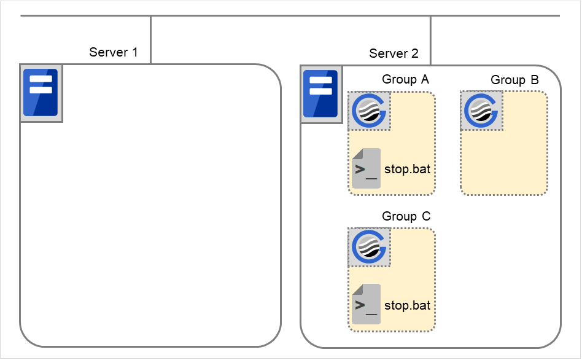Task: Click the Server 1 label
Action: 114,52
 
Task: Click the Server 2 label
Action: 394,53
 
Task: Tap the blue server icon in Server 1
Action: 41,93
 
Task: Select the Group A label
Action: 406,79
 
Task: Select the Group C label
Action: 406,216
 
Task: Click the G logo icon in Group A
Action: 369,111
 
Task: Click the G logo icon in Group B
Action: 481,111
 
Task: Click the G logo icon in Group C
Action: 369,248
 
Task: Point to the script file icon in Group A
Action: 365,168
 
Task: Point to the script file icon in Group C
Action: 365,304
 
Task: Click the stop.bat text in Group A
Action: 407,169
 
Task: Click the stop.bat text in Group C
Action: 407,305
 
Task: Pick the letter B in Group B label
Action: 535,80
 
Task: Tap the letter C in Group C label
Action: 426,216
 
